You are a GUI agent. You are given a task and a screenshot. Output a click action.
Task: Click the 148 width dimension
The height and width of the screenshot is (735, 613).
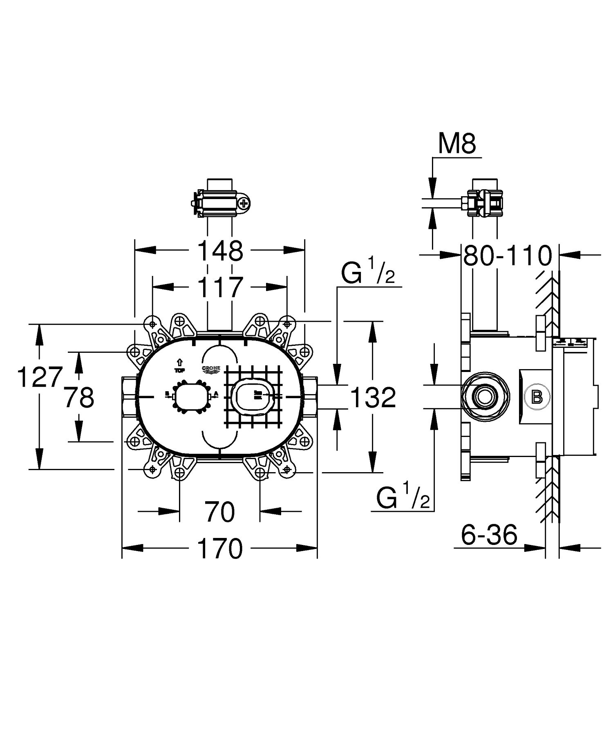pos(220,251)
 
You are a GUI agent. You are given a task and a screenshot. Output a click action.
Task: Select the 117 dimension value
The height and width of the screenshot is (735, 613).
pos(220,287)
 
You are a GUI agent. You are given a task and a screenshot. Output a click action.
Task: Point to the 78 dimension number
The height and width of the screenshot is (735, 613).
pos(79,397)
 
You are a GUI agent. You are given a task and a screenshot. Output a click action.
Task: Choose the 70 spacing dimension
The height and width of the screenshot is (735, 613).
pos(220,511)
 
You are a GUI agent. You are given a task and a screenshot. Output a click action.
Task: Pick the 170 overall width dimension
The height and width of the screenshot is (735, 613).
pos(220,549)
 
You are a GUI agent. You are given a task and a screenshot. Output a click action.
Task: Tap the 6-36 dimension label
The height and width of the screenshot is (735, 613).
pos(489,535)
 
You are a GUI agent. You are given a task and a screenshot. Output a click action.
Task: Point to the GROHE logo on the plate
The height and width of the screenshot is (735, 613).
pos(211,369)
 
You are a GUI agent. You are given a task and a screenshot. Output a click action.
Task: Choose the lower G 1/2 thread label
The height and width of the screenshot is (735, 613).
pos(403,496)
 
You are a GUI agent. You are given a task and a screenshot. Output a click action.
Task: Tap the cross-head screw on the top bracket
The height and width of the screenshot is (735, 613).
pos(244,203)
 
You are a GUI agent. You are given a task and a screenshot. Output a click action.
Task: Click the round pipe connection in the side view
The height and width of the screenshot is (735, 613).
pos(485,396)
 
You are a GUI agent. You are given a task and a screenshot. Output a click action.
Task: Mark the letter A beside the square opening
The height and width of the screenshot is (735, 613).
pos(216,394)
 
